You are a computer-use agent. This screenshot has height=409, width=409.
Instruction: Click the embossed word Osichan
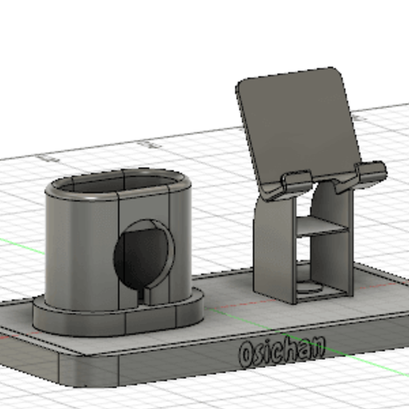281,350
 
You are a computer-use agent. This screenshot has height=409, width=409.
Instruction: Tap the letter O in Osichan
247,354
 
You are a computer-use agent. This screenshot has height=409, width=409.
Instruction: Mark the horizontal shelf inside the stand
323,228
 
